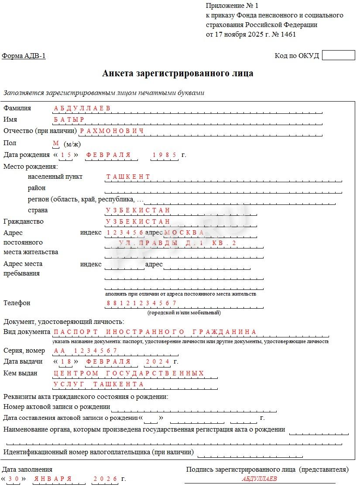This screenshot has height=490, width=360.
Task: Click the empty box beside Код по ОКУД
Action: point(338,55)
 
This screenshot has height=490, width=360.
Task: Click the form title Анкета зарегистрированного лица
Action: point(178,73)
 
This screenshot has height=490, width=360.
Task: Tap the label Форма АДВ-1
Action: point(24,56)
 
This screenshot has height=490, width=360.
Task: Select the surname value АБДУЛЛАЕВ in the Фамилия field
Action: point(82,108)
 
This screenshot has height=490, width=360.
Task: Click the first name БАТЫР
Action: point(69,119)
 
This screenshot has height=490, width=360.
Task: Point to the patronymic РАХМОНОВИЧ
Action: point(112,131)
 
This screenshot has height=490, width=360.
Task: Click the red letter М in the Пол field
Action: point(55,143)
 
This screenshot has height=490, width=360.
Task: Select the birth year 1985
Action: point(164,155)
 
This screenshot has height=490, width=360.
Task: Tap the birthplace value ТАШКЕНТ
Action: point(128,177)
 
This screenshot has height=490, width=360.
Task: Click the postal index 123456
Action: point(125,233)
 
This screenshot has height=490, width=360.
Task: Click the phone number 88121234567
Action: point(141,303)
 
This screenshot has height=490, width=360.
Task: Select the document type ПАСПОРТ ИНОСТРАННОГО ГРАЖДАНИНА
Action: point(155,332)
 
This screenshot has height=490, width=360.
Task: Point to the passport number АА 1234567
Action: point(86,350)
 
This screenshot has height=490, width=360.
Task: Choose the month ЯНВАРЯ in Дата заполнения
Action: point(53,479)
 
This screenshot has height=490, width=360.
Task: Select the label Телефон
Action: point(17,303)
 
